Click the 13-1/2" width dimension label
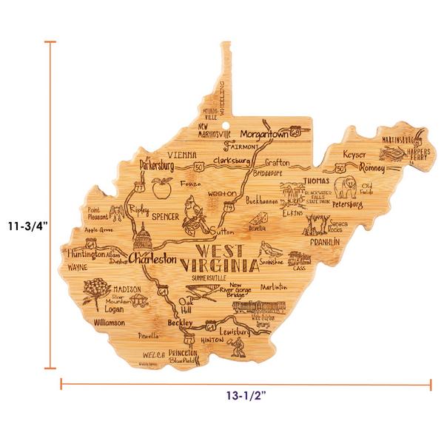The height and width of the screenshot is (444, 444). pyautogui.click(x=246, y=396)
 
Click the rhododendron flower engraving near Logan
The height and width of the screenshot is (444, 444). pyautogui.click(x=95, y=292)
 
